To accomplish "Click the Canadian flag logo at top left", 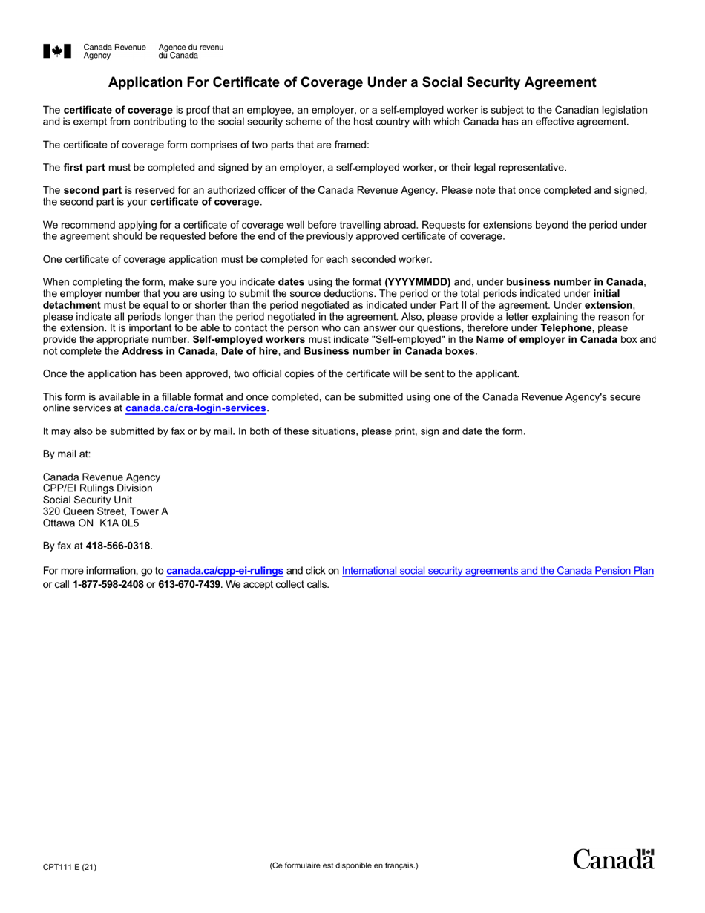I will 57,51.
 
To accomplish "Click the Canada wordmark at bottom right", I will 614,860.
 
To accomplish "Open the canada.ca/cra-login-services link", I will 195,408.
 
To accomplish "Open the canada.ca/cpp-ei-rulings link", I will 224,571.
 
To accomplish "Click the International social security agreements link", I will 497,571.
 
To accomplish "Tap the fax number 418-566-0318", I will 118,546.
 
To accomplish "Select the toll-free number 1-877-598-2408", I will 108,584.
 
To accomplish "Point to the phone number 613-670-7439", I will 188,584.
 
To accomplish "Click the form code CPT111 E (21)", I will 70,866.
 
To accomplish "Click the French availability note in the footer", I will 344,865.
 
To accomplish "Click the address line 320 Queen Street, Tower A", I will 105,511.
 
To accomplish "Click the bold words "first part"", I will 84,168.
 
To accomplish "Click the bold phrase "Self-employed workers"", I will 249,339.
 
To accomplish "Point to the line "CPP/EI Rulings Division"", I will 97,488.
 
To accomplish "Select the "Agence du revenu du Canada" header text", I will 190,51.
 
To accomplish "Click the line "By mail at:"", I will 67,454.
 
